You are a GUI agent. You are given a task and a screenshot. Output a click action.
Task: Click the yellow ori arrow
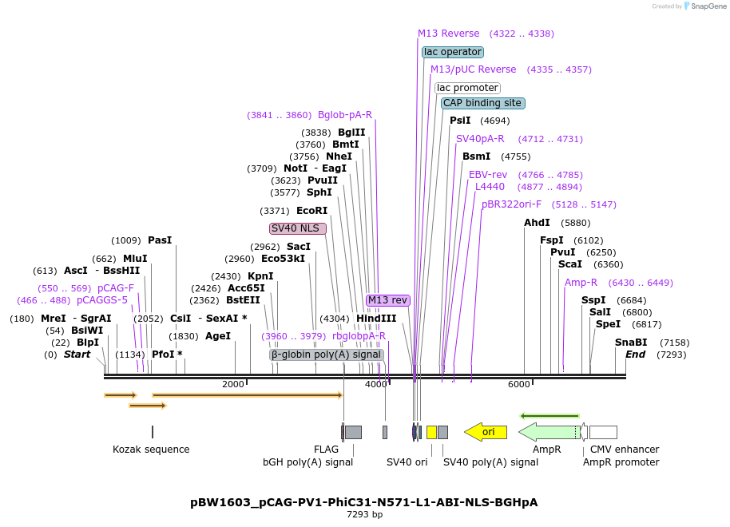coord(486,432)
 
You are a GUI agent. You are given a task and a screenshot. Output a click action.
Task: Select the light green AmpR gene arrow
coord(549,432)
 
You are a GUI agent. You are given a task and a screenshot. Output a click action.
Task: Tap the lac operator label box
coord(453,52)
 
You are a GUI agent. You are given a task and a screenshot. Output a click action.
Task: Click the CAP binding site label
coord(482,103)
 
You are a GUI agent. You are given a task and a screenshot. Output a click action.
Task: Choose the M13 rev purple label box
coord(387,300)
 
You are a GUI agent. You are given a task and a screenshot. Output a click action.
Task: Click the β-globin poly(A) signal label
coord(326,355)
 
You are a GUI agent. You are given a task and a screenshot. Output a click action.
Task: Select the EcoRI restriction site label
coord(311,211)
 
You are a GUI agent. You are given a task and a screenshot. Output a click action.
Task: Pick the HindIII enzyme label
coord(376,319)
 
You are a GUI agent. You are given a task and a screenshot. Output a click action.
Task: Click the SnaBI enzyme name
coord(630,343)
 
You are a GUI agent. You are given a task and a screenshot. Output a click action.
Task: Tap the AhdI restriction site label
coord(537,223)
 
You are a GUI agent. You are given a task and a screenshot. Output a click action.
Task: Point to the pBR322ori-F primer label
coord(511,204)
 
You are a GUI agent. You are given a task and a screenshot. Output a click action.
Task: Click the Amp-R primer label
coord(581,283)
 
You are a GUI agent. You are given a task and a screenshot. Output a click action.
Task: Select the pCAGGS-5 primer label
coord(102,300)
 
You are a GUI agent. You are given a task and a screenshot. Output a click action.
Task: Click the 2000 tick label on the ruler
coord(233,384)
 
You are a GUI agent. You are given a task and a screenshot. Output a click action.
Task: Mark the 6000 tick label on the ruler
coord(519,384)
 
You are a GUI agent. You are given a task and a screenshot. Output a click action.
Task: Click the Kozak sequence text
coord(151,450)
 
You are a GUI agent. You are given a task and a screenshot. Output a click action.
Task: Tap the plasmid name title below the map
coord(364,502)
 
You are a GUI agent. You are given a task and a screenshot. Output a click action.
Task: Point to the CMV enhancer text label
coord(625,450)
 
